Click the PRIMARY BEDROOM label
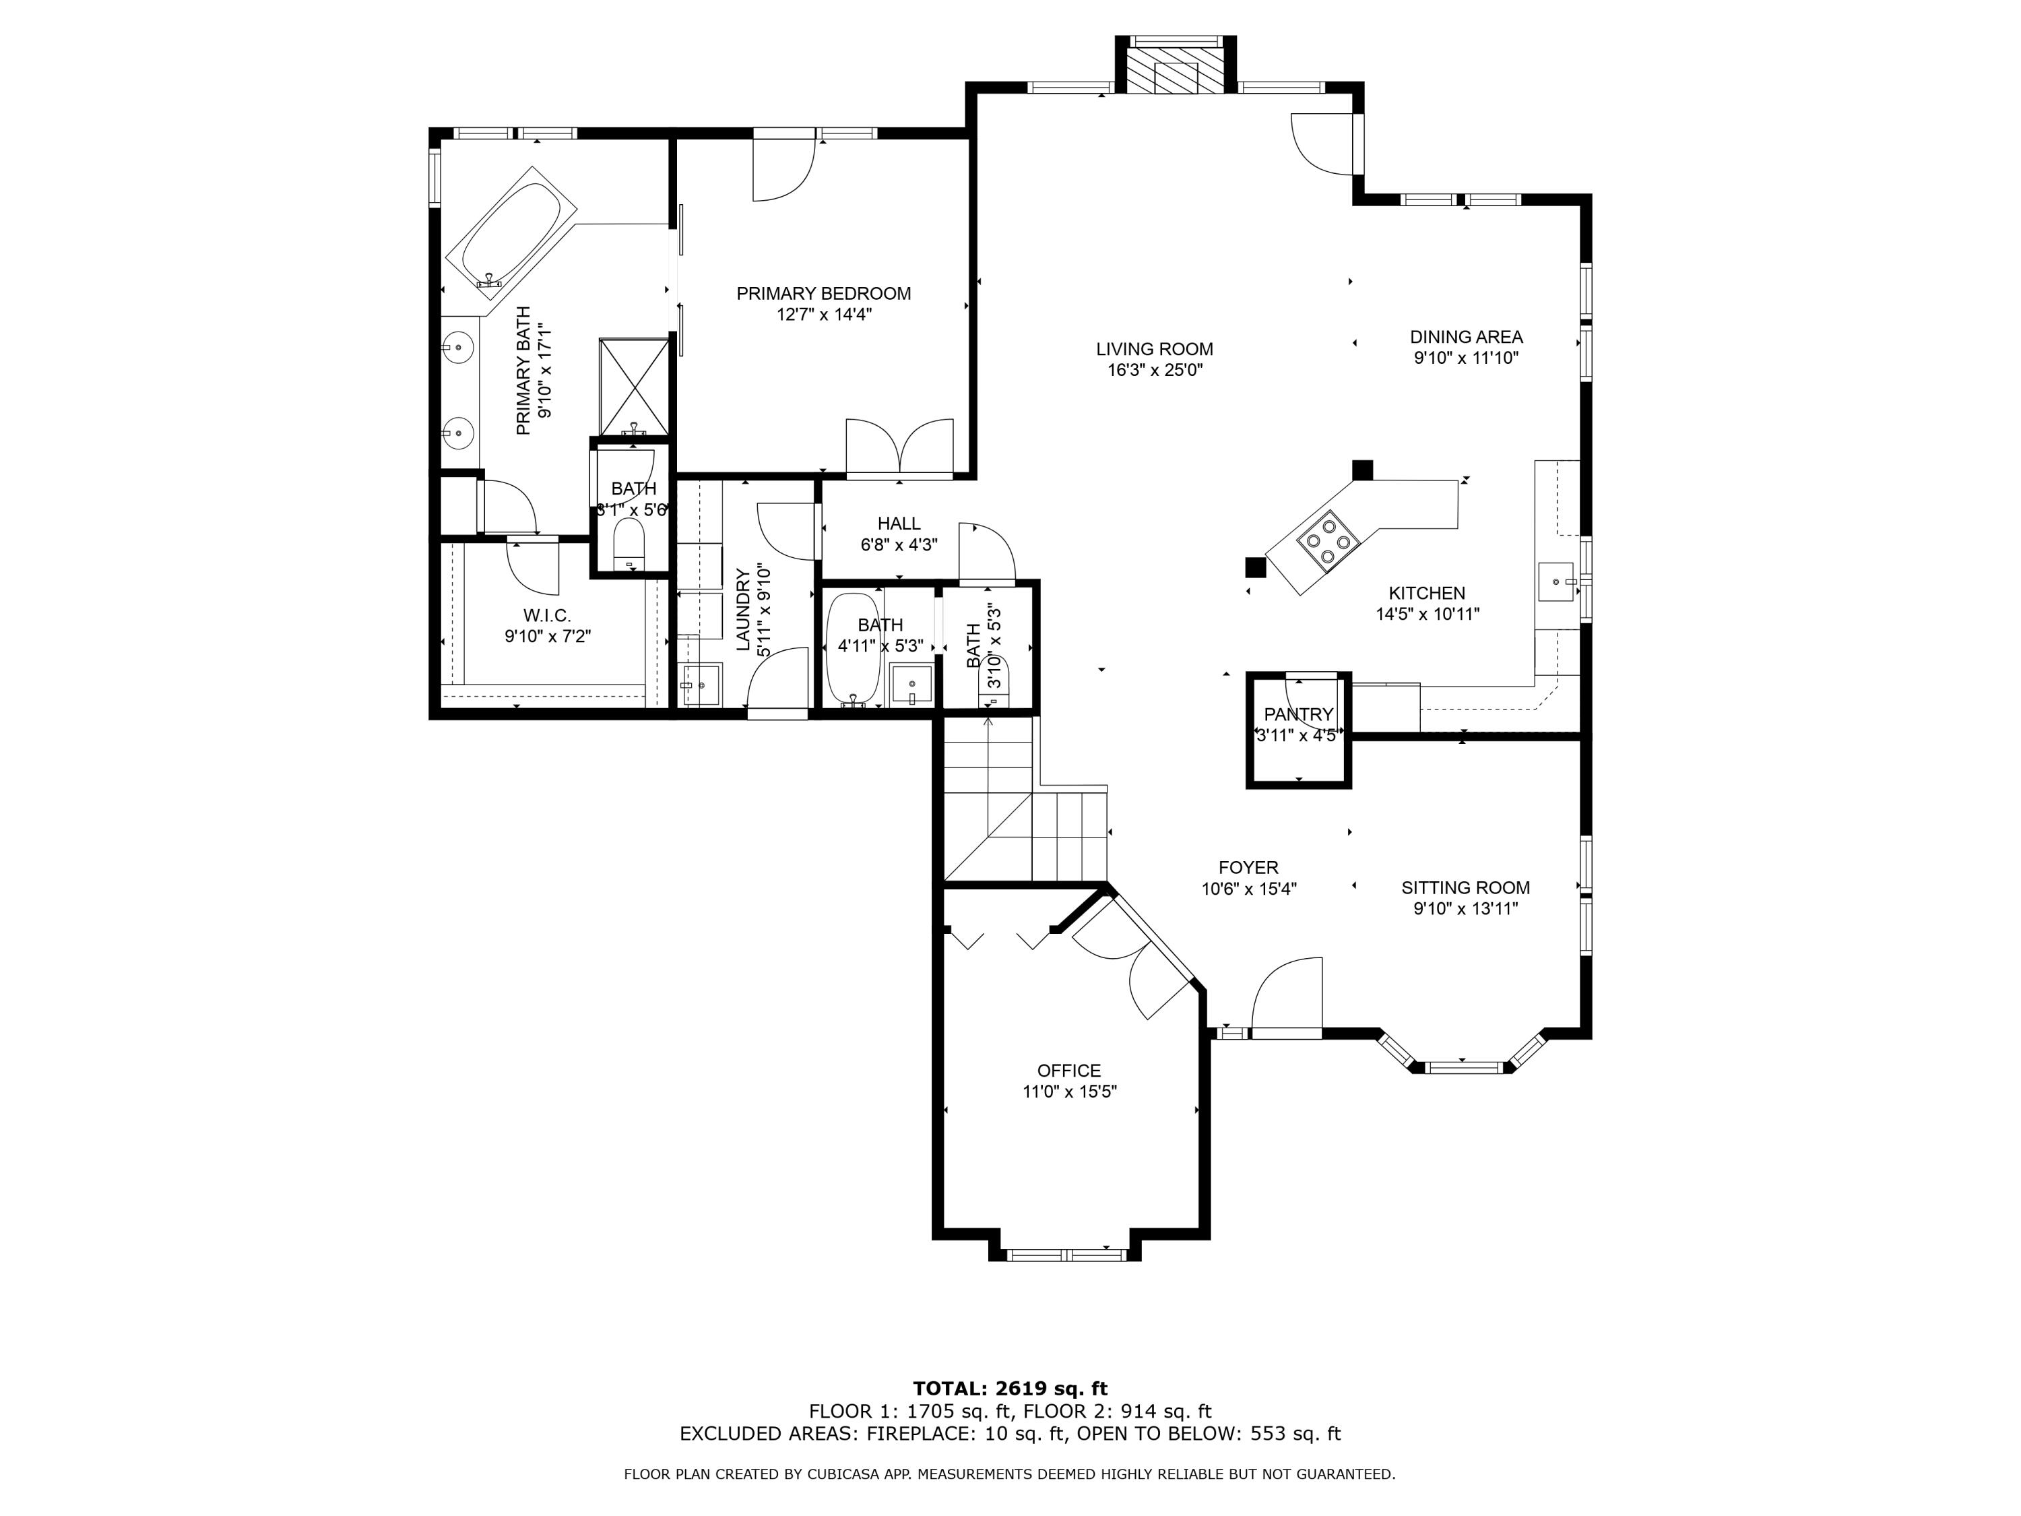pyautogui.click(x=823, y=293)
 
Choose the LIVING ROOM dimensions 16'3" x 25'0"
pyautogui.click(x=1155, y=370)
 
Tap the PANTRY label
pyautogui.click(x=1298, y=714)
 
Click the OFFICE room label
pyautogui.click(x=1069, y=1070)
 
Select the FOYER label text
pyautogui.click(x=1248, y=867)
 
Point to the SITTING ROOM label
pyautogui.click(x=1465, y=887)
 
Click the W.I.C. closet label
pyautogui.click(x=547, y=616)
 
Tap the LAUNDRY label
pyautogui.click(x=743, y=610)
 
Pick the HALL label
pyautogui.click(x=899, y=524)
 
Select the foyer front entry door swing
pyautogui.click(x=1287, y=994)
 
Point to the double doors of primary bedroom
pyautogui.click(x=900, y=446)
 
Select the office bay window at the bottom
pyautogui.click(x=1065, y=1254)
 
